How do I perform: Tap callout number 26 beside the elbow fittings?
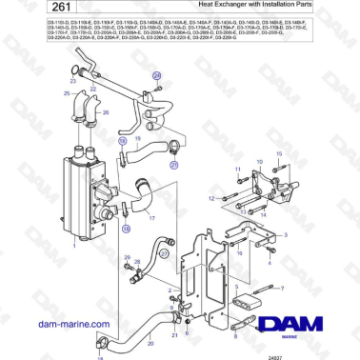tap(106, 111)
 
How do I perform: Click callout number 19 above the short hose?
tap(121, 140)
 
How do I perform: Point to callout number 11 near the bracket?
tap(235, 171)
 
